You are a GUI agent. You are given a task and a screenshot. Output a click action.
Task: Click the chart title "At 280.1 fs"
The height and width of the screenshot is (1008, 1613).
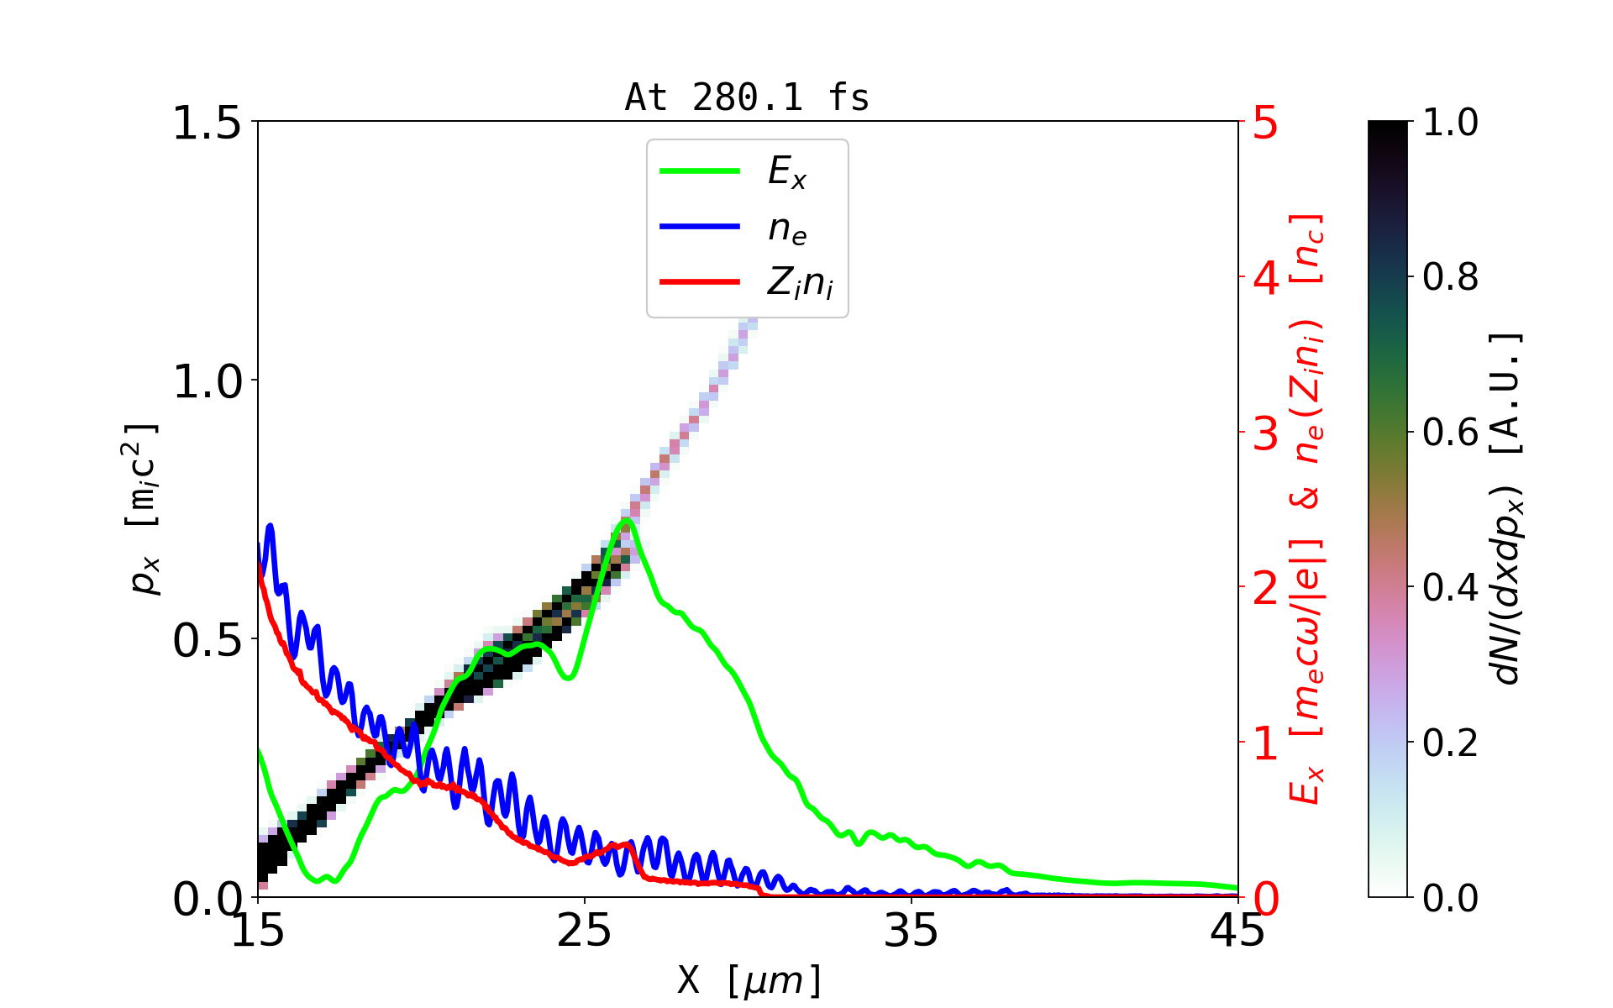point(747,97)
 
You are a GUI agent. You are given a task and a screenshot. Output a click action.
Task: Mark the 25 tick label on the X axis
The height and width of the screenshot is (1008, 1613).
point(584,930)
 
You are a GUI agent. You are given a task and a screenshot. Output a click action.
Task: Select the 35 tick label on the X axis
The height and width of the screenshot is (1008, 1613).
point(911,930)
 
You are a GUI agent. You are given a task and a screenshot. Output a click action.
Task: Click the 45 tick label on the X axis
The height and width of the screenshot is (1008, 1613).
point(1237,930)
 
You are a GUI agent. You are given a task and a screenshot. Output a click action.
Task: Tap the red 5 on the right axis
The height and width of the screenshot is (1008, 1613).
point(1265,123)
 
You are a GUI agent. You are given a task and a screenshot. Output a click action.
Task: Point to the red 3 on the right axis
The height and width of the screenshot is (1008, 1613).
point(1265,433)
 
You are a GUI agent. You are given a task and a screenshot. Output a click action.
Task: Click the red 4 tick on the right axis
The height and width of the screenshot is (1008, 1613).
point(1265,278)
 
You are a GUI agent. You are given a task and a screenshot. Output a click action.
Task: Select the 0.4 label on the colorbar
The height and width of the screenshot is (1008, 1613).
point(1450,587)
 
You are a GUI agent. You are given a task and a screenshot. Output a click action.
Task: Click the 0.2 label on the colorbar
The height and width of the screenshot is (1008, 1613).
point(1450,743)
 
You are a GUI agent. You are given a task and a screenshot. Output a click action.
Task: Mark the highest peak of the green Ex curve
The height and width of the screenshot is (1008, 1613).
point(626,521)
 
